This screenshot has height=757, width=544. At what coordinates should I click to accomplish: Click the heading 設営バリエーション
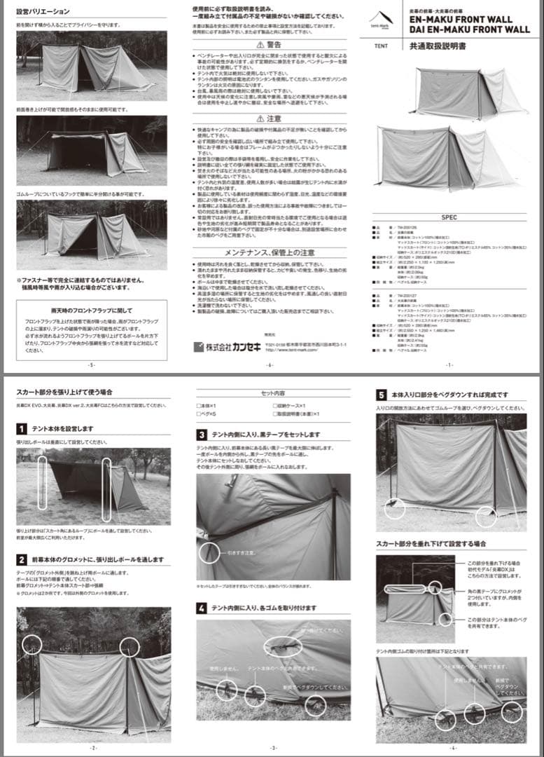click(x=43, y=12)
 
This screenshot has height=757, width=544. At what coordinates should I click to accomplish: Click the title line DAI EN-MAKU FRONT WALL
click(x=470, y=30)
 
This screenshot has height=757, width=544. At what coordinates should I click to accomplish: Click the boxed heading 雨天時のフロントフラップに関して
click(x=91, y=309)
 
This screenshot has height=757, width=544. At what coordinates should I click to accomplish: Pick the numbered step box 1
click(x=22, y=428)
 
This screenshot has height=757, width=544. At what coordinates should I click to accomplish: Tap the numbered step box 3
click(x=202, y=435)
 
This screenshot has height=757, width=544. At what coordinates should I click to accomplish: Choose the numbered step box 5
click(x=382, y=395)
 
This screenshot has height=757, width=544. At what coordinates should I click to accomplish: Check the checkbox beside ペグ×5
click(x=199, y=414)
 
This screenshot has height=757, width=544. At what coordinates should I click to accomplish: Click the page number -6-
click(x=270, y=365)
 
